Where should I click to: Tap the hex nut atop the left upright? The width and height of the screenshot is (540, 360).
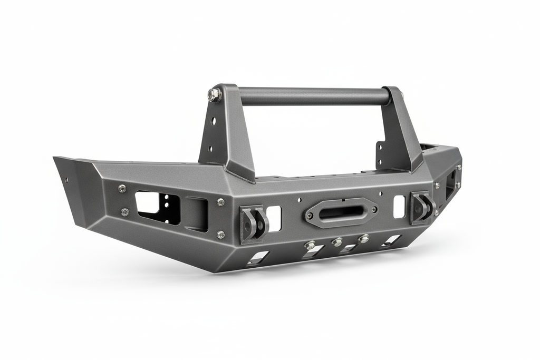(x=214, y=95)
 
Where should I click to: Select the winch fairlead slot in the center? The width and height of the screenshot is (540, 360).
(x=341, y=211)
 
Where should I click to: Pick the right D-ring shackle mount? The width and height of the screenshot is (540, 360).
(x=422, y=207)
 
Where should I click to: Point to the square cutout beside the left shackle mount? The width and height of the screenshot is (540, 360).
(x=274, y=218)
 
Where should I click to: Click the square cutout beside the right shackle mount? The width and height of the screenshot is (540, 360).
(x=399, y=206)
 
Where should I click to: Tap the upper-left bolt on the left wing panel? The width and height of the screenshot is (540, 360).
(x=122, y=188)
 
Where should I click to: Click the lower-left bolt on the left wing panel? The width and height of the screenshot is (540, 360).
(x=124, y=212)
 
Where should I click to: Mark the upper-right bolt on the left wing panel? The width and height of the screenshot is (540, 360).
(x=220, y=202)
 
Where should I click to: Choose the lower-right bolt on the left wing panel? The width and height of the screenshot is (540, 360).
(x=220, y=234)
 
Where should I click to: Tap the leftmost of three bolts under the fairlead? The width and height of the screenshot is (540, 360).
(x=310, y=245)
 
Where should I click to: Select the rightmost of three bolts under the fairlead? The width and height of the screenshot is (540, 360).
(x=363, y=239)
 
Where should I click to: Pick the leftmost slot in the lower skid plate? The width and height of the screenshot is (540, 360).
(x=257, y=258)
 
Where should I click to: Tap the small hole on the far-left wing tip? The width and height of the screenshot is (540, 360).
(x=66, y=179)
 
